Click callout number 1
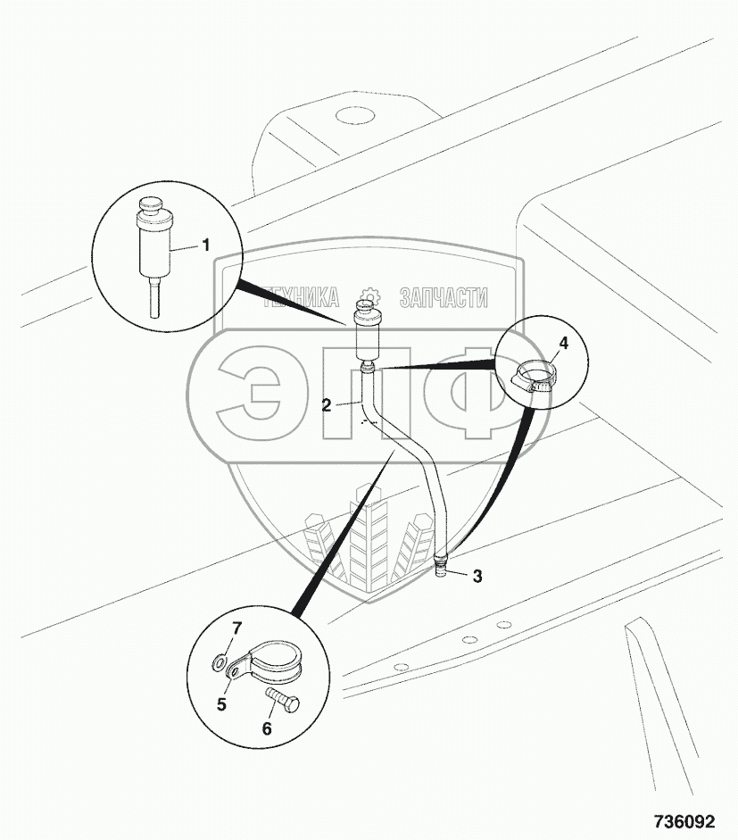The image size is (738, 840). pyautogui.click(x=206, y=243)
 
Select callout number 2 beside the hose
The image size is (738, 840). pyautogui.click(x=327, y=404)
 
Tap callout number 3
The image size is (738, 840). pyautogui.click(x=477, y=577)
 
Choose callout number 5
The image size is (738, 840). pyautogui.click(x=221, y=703)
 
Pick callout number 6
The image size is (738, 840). pyautogui.click(x=266, y=728)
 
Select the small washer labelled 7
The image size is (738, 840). pyautogui.click(x=220, y=662)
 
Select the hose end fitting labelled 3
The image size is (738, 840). pyautogui.click(x=441, y=566)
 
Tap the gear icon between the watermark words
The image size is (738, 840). pyautogui.click(x=369, y=298)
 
